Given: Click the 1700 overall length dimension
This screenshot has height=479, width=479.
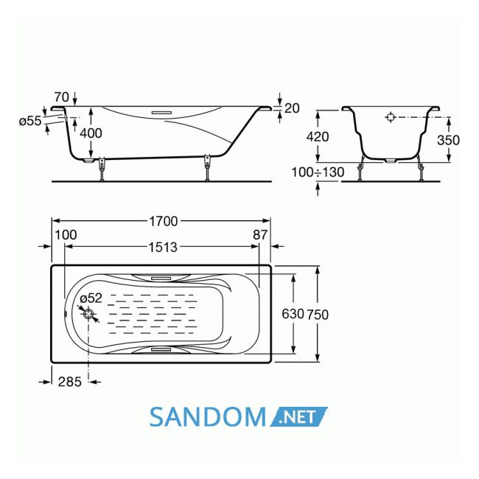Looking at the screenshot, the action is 163,221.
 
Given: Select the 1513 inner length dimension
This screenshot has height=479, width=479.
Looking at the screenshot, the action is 163,247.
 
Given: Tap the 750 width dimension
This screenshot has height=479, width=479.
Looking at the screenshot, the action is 318,315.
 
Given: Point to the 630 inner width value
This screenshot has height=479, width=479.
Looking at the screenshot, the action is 293,314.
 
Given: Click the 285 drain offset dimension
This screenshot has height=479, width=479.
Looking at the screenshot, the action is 70,382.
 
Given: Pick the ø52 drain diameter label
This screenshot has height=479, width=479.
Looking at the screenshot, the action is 91,298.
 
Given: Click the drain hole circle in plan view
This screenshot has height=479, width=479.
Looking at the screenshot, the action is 88,314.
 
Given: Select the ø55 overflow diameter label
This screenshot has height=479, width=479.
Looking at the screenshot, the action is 30,121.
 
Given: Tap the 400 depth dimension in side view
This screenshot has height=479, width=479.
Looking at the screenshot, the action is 91,133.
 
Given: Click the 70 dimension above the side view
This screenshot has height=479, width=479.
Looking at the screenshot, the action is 62,97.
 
